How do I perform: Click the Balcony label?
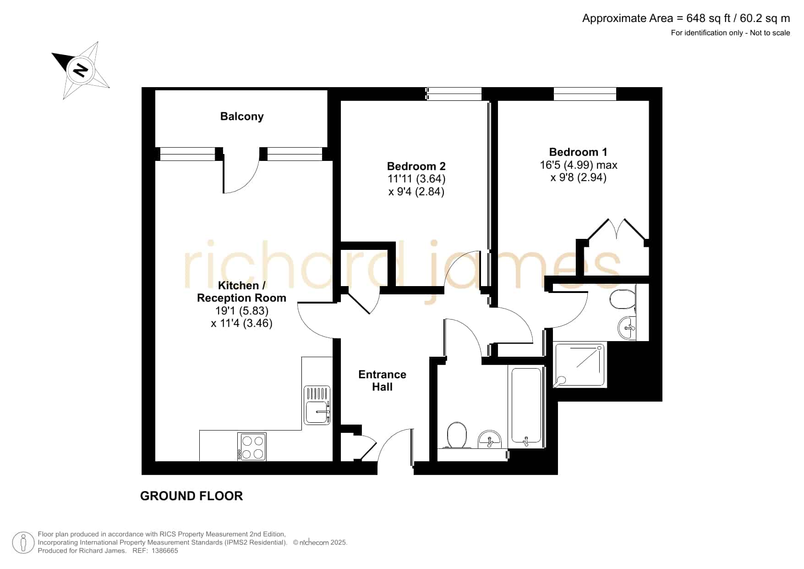(242, 116)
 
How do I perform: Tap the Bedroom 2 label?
(416, 166)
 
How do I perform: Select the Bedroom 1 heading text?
(578, 152)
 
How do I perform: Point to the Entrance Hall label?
(382, 381)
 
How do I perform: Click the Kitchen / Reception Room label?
(241, 292)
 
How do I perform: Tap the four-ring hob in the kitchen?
(252, 447)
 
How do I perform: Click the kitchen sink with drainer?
(317, 405)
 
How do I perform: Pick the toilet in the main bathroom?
(457, 435)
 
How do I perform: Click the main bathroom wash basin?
(490, 440)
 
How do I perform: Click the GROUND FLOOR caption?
(191, 496)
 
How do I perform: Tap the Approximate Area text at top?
(686, 18)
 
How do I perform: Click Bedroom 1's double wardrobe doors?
(617, 229)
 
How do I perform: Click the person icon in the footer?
(23, 543)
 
